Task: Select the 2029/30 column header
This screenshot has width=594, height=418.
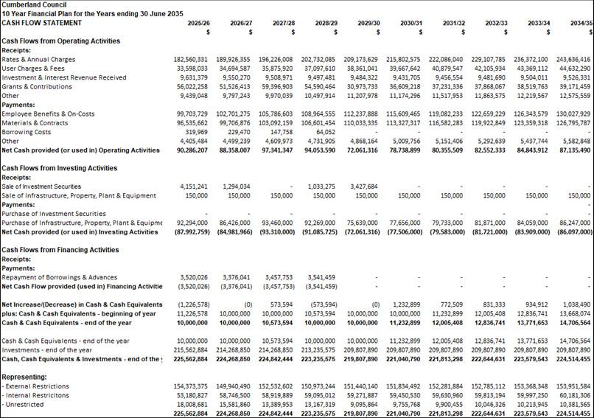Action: click(x=368, y=23)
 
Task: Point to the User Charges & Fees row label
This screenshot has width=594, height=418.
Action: click(x=33, y=69)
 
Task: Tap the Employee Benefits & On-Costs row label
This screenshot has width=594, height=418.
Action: click(x=48, y=114)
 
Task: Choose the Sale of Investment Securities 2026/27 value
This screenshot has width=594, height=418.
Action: click(x=234, y=187)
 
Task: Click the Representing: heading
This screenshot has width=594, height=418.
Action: click(x=25, y=377)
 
